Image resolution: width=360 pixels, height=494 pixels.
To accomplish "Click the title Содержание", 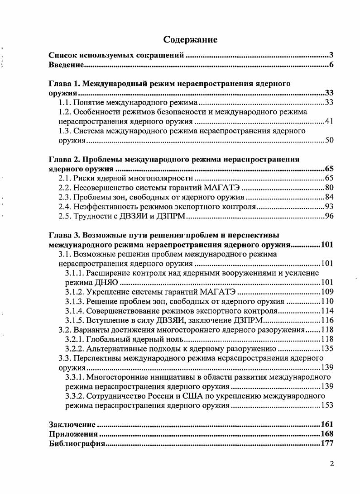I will tap(190, 40).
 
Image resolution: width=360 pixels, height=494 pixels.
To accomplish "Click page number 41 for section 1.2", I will tap(329, 122).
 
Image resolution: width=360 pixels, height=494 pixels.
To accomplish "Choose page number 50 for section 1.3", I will tap(329, 141).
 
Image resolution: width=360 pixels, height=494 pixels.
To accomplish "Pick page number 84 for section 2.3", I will tap(329, 198).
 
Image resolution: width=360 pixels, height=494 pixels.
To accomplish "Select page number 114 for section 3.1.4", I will tap(327, 311).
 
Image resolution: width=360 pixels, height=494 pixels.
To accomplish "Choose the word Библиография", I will tap(77, 443).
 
